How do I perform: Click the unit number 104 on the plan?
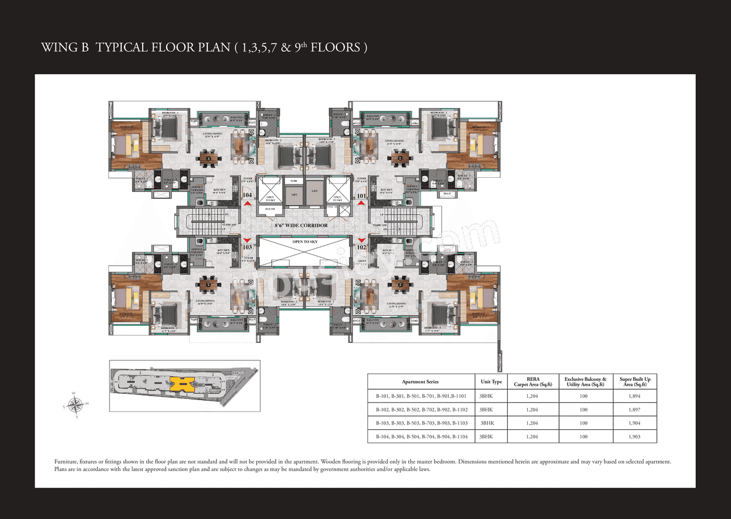click(247, 195)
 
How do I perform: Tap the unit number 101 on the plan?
click(361, 195)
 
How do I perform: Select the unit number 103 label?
click(247, 247)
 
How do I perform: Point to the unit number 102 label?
click(361, 247)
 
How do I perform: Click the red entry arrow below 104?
click(247, 203)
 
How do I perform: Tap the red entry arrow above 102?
click(361, 240)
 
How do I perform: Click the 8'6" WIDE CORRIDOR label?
click(301, 226)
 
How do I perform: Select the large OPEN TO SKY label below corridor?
click(305, 242)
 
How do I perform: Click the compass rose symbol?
click(74, 405)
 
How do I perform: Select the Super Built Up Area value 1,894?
click(634, 396)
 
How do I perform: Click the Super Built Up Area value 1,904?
click(634, 423)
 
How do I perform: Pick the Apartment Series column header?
click(420, 382)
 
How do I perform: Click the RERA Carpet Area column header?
click(532, 382)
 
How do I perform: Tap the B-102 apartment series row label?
click(381, 410)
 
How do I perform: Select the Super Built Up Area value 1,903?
click(634, 437)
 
